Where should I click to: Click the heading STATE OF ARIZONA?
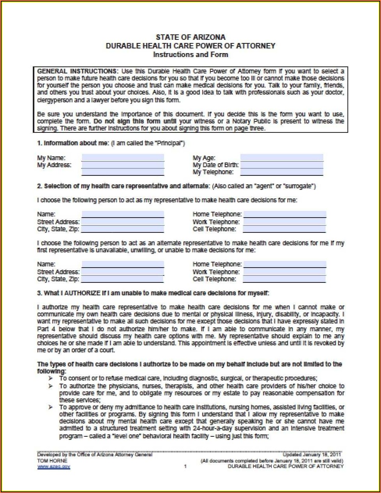click(x=190, y=37)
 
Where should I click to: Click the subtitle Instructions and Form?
click(x=190, y=54)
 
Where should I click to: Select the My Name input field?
click(x=123, y=158)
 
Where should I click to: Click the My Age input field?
click(x=281, y=158)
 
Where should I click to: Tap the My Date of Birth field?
click(x=281, y=165)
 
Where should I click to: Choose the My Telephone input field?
click(x=281, y=172)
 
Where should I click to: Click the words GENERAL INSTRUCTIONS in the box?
click(x=77, y=71)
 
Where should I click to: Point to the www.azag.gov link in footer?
click(x=53, y=467)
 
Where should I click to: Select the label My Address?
click(x=54, y=165)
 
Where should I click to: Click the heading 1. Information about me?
click(x=73, y=143)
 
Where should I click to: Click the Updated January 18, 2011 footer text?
click(x=312, y=454)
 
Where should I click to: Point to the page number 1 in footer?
click(x=185, y=466)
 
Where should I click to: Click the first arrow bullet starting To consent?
click(x=50, y=379)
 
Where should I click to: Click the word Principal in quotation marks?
click(x=169, y=143)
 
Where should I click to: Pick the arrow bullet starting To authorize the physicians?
click(x=50, y=386)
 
